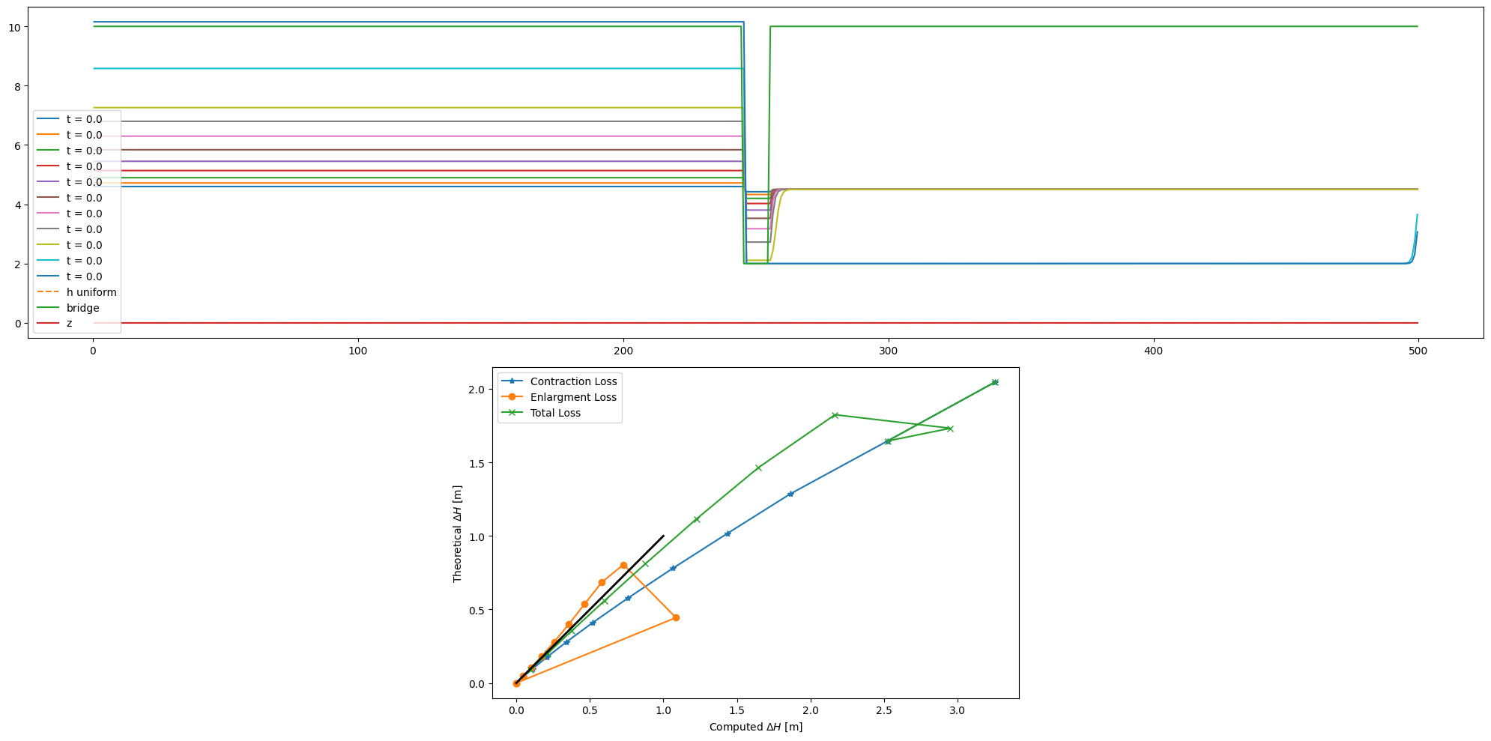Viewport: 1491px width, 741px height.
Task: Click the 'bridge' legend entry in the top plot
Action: [x=82, y=308]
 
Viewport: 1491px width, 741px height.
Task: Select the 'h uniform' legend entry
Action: [x=91, y=292]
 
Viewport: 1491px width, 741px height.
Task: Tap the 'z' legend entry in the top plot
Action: [x=70, y=324]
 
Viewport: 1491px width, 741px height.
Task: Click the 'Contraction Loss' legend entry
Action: [x=573, y=381]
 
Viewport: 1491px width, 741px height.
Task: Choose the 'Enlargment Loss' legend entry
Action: [x=573, y=397]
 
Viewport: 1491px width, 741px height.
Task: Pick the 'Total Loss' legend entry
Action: [x=555, y=413]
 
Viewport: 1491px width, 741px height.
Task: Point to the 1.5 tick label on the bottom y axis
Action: [x=477, y=463]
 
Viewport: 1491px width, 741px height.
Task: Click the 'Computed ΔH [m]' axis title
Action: [x=755, y=727]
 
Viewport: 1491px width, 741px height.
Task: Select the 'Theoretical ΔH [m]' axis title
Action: [x=457, y=533]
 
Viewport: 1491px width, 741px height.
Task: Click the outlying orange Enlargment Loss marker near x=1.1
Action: [x=676, y=617]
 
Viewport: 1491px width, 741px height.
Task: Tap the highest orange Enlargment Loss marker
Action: [x=623, y=565]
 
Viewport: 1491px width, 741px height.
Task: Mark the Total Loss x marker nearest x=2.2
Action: [x=835, y=415]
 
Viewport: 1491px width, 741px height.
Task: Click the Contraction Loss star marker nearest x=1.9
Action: [x=790, y=494]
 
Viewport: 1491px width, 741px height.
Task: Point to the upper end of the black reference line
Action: [x=663, y=536]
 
